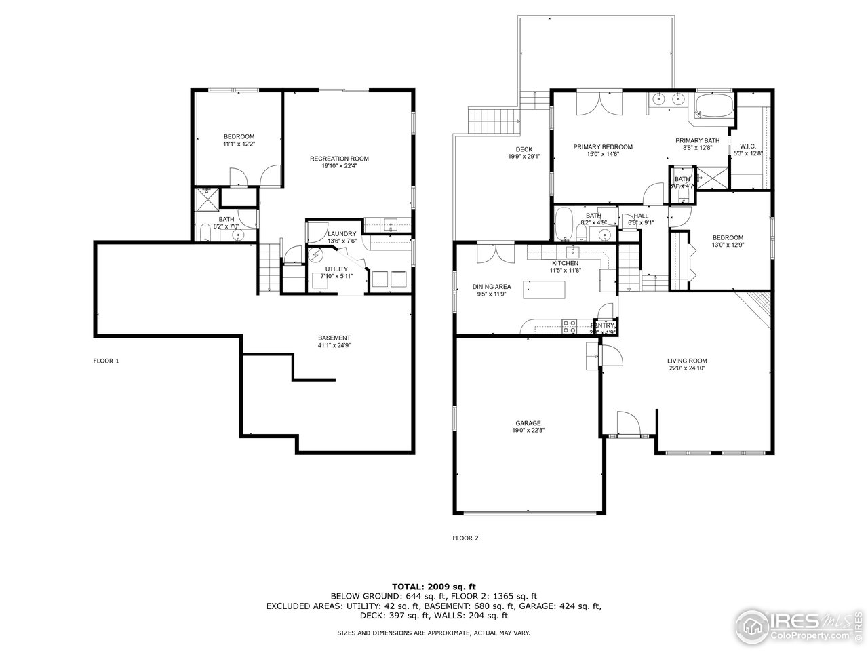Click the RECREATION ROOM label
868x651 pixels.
[x=339, y=159]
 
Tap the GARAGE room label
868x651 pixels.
[x=526, y=423]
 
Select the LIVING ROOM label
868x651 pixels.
[x=687, y=361]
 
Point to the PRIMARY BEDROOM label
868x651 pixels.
[x=602, y=147]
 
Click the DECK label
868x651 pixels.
[x=524, y=150]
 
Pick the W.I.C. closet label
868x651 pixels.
[x=748, y=146]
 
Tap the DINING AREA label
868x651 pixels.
[x=492, y=287]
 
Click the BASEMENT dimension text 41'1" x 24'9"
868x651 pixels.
[x=334, y=346]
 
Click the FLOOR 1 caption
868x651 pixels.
[x=106, y=361]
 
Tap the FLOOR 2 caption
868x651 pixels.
[x=465, y=538]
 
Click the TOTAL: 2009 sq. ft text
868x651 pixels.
[x=434, y=586]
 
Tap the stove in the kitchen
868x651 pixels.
[x=568, y=326]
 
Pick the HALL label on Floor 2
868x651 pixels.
[x=641, y=216]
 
